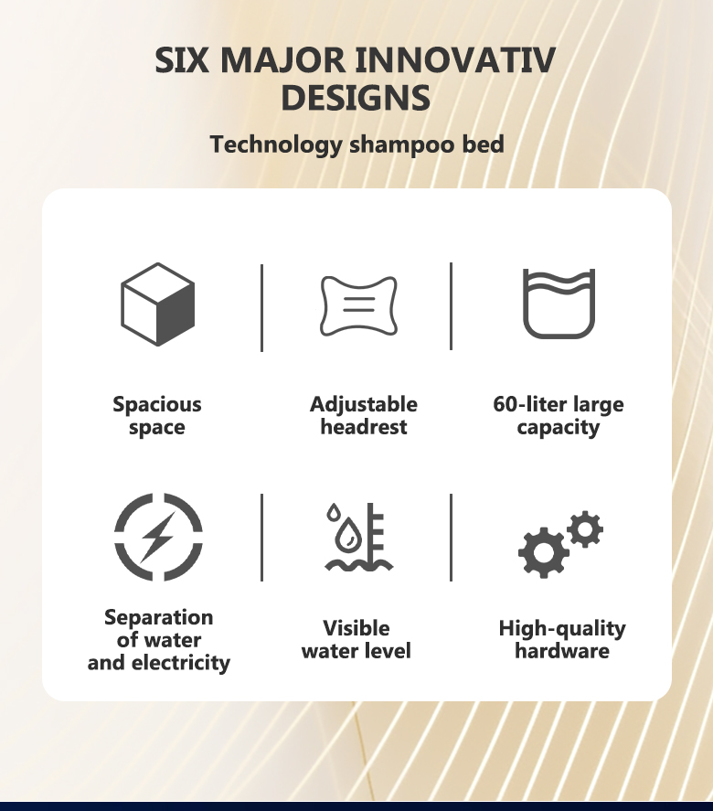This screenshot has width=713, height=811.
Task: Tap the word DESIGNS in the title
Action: click(x=356, y=98)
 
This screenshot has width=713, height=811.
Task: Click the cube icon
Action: click(x=158, y=304)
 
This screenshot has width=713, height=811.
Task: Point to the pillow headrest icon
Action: click(x=359, y=305)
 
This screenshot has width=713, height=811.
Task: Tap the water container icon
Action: click(x=559, y=304)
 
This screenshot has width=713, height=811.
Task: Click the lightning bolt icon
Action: click(x=158, y=537)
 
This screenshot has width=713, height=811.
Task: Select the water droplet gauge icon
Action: click(x=359, y=537)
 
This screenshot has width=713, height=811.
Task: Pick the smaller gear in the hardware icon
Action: click(x=585, y=529)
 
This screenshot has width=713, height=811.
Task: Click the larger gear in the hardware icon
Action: click(x=543, y=552)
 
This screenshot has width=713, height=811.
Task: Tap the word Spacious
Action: click(x=157, y=404)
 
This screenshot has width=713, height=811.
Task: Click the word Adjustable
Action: click(x=364, y=404)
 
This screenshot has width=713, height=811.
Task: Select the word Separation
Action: click(x=159, y=617)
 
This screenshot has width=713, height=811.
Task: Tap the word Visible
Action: click(x=356, y=628)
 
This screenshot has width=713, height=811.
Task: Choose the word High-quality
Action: click(x=562, y=629)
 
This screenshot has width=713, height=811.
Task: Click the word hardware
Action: click(x=562, y=651)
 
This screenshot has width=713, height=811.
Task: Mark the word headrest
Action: click(x=364, y=427)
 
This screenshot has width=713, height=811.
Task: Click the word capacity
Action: click(x=559, y=428)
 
